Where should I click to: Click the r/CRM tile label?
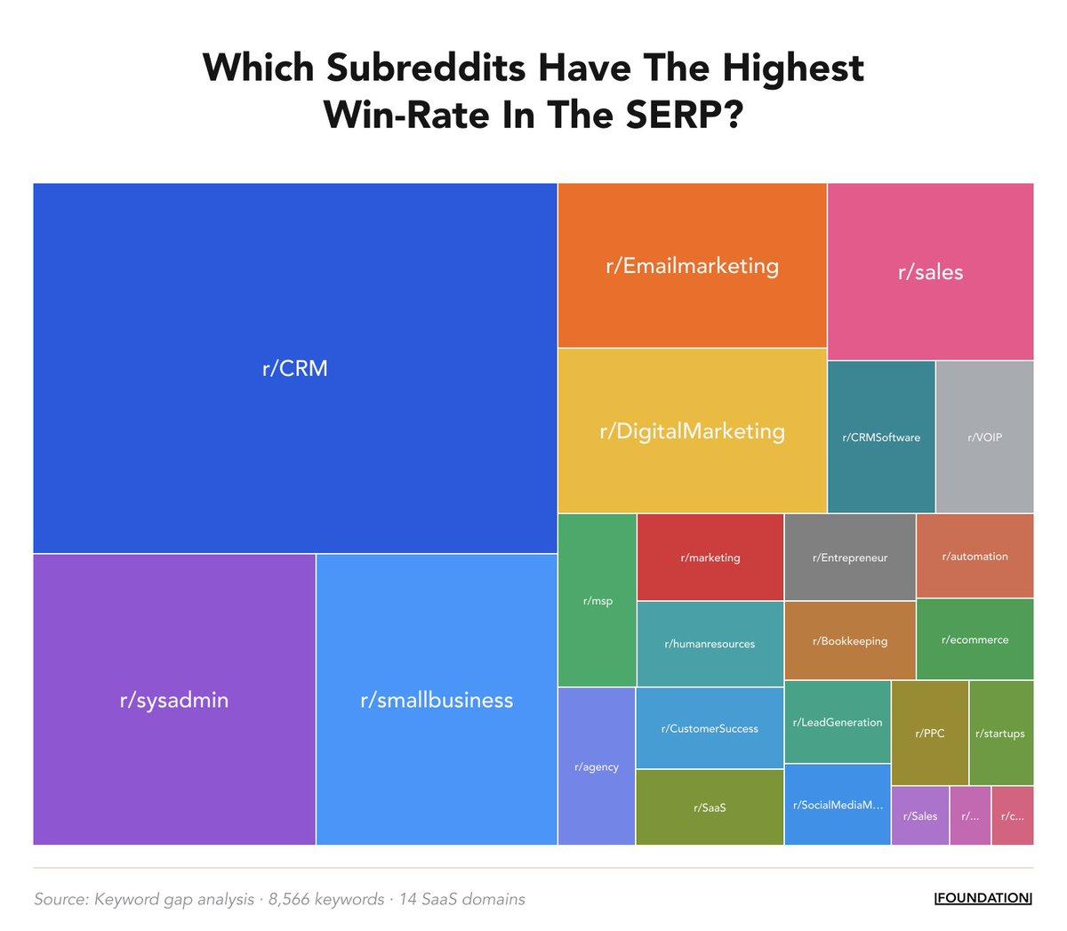point(294,368)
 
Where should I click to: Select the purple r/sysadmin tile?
point(174,700)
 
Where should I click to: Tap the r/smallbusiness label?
point(437,700)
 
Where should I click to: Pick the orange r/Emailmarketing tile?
point(692,266)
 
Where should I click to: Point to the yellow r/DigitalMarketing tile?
point(692,431)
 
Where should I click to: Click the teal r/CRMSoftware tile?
point(881,437)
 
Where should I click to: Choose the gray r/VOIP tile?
point(984,437)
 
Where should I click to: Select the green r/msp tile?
point(598,601)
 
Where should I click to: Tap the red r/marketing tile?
point(710,558)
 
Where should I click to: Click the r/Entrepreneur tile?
point(850,558)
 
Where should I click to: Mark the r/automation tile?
point(975,556)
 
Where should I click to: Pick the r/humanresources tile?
point(710,644)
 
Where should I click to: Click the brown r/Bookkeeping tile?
point(850,640)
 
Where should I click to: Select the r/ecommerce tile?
point(975,639)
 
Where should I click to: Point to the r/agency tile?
point(597,766)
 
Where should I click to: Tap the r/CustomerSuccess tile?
point(710,728)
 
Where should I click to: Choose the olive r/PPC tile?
point(929,734)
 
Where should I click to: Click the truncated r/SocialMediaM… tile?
point(838,805)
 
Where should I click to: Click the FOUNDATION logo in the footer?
point(983,898)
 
